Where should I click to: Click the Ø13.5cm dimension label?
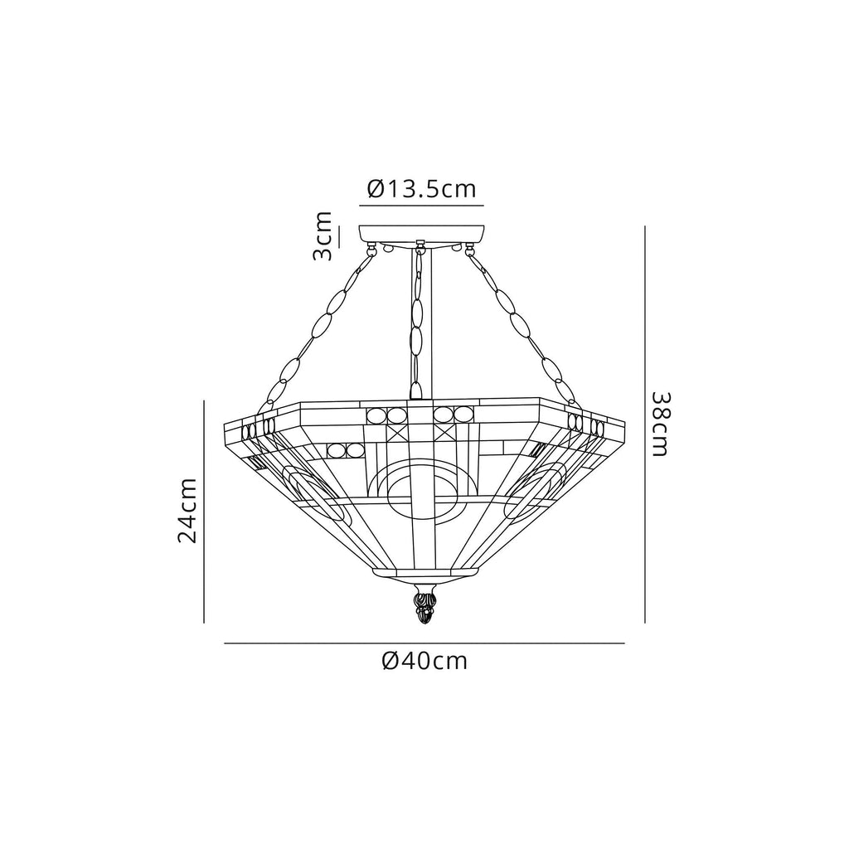click(421, 189)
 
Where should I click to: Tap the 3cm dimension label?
click(323, 236)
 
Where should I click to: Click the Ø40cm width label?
click(424, 661)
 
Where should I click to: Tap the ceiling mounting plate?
click(422, 233)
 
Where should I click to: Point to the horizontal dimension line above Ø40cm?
click(424, 643)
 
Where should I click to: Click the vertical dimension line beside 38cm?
click(645, 423)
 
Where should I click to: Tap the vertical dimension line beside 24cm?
click(204, 511)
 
